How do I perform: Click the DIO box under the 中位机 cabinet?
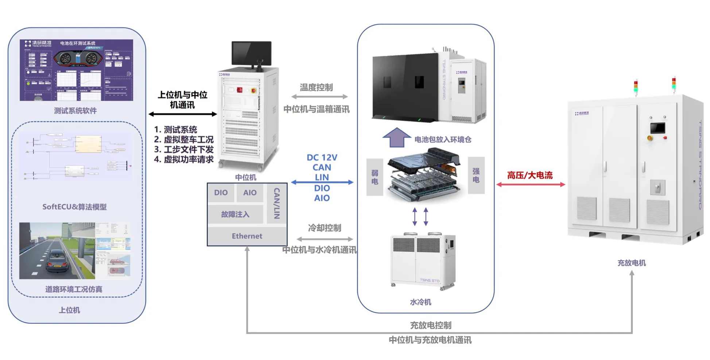(x=221, y=193)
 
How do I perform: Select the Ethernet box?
(x=247, y=236)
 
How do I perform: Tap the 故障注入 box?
(x=235, y=214)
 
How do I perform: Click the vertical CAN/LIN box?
(x=276, y=203)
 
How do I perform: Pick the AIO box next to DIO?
(x=250, y=193)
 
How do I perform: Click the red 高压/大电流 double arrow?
(x=531, y=185)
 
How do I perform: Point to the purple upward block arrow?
(x=397, y=138)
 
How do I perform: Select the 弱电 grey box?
(x=375, y=177)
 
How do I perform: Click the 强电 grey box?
(x=476, y=175)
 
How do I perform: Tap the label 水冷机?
(x=420, y=302)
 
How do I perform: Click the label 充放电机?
(x=631, y=263)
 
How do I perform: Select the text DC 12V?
(x=322, y=158)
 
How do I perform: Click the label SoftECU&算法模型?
(x=74, y=207)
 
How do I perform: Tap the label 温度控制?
(x=316, y=88)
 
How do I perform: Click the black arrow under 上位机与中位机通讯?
(x=183, y=114)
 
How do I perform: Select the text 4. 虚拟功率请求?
(x=184, y=159)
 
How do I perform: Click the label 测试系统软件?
(x=75, y=111)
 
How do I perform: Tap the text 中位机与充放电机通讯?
(x=430, y=340)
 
